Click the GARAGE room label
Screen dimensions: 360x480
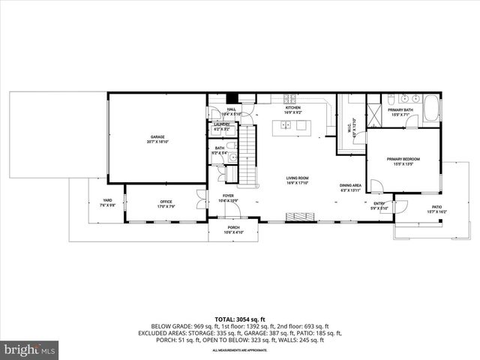157,137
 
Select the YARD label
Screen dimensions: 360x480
107,201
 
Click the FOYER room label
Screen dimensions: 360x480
228,196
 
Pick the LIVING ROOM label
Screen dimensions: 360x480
297,178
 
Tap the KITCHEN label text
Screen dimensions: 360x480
292,108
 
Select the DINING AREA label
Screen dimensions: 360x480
350,186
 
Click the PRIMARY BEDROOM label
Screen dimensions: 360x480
403,160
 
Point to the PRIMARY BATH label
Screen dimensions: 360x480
400,109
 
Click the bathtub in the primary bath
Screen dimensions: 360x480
431,109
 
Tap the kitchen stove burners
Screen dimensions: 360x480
289,97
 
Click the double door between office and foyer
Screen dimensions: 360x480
200,200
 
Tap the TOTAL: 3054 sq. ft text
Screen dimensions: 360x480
239,318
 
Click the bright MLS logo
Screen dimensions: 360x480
30,349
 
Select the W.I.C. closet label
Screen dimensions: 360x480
351,127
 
